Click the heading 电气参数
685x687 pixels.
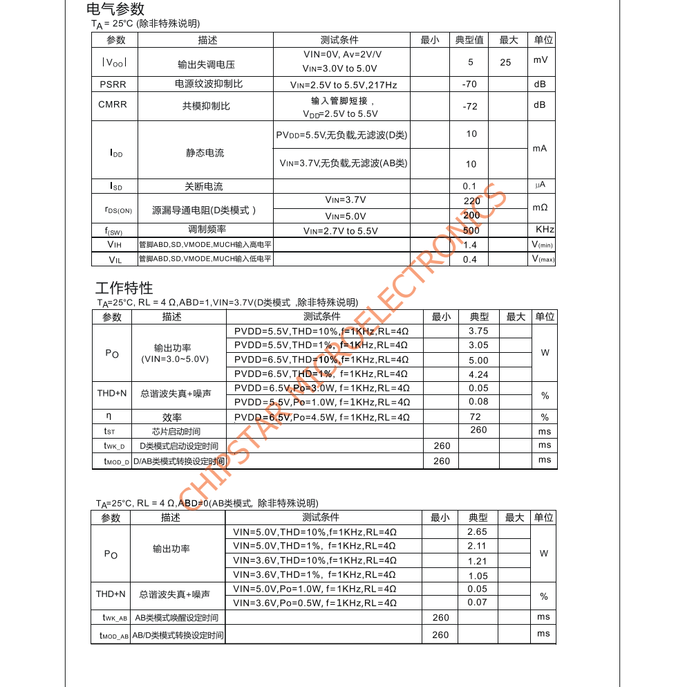(115, 9)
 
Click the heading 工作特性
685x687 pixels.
(124, 288)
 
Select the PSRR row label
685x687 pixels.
(113, 84)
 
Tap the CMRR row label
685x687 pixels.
(113, 104)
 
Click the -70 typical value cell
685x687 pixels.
(469, 84)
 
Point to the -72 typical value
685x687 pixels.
(469, 107)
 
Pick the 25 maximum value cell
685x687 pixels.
(505, 62)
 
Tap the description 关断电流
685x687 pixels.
(204, 186)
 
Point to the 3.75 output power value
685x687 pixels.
(478, 331)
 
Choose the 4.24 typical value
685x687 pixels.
(478, 374)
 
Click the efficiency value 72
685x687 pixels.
(476, 417)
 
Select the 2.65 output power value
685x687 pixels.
(477, 531)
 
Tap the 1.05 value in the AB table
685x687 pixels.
(478, 576)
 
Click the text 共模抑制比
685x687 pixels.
(206, 106)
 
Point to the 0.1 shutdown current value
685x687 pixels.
(470, 186)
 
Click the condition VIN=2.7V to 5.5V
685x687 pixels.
(341, 231)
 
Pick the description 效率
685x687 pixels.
(172, 417)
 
